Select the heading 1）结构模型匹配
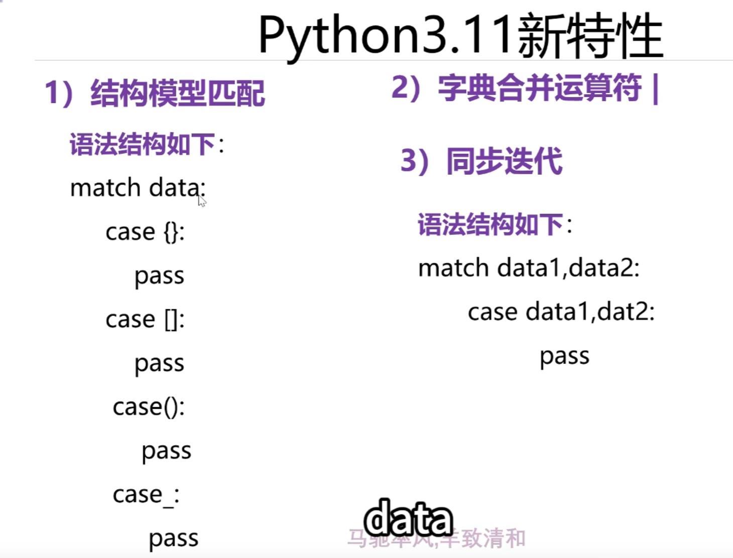[155, 93]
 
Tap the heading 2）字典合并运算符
[525, 89]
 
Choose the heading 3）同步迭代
[481, 161]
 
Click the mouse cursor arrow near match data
[202, 201]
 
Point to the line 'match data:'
[138, 188]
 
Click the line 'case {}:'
[145, 232]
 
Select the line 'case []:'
[145, 319]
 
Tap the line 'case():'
[149, 407]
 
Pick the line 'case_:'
[146, 495]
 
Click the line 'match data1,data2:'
[529, 268]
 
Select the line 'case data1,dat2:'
[561, 312]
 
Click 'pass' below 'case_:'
[173, 538]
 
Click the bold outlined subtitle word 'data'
[408, 519]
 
